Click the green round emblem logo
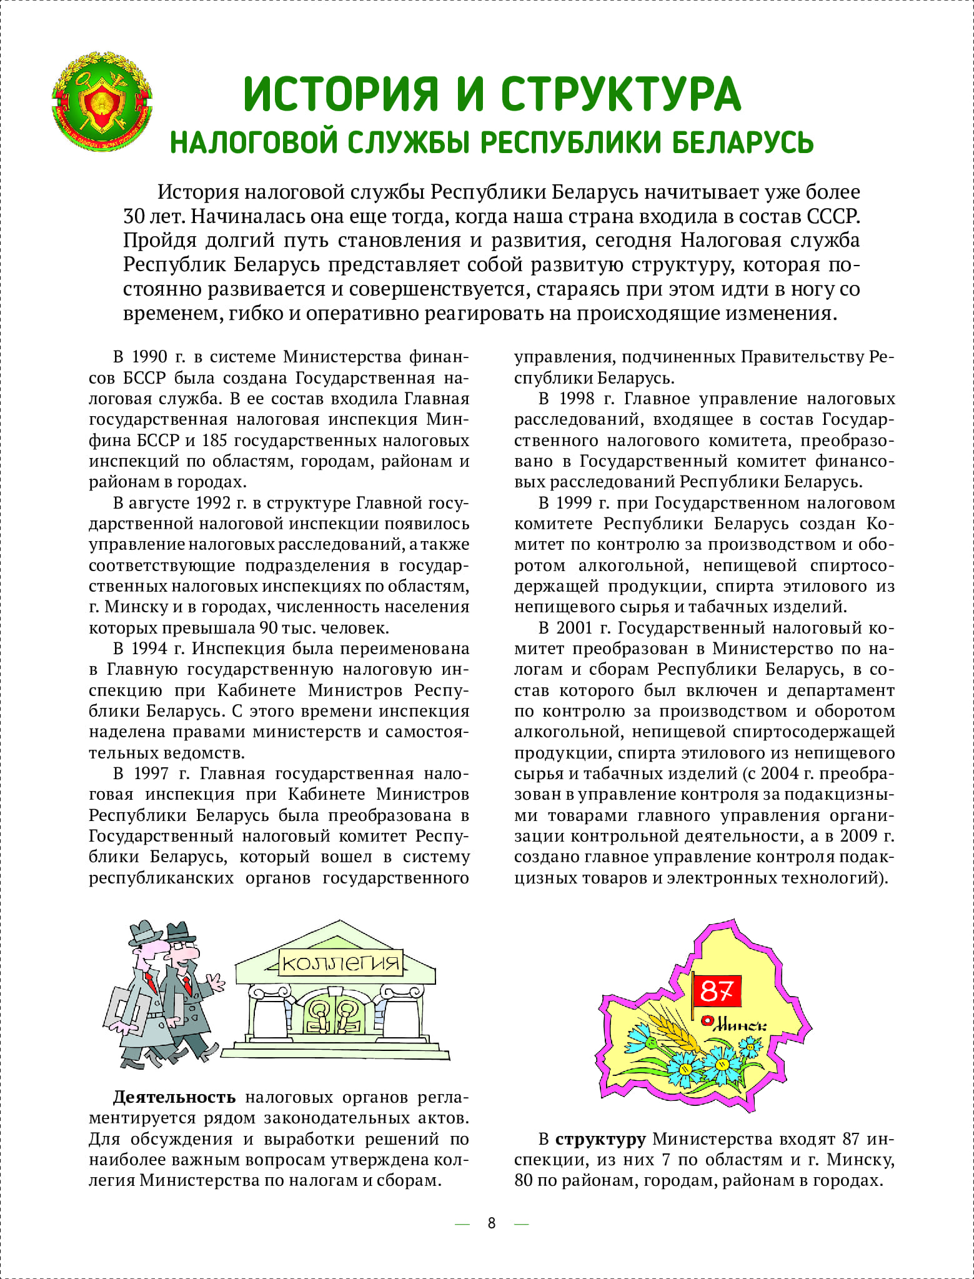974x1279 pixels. click(102, 104)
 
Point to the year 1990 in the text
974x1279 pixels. click(149, 357)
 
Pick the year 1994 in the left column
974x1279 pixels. click(149, 649)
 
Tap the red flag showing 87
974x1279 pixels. click(717, 990)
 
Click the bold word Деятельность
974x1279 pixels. click(174, 1097)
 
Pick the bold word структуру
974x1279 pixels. click(600, 1139)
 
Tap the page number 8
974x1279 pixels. click(492, 1223)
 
